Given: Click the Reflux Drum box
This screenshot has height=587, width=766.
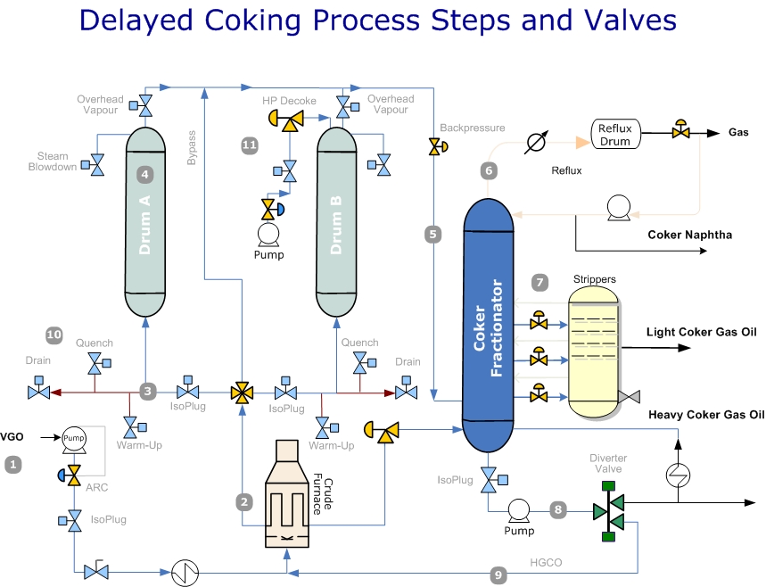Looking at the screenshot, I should (614, 135).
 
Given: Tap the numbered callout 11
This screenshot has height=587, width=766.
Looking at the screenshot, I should (251, 144).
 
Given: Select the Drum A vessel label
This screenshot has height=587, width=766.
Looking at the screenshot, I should (144, 226).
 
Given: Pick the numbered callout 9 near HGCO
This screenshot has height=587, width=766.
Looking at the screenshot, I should (498, 575).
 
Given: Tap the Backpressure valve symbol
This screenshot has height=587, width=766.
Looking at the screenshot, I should (434, 146).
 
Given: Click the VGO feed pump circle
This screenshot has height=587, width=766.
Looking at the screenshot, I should (73, 437).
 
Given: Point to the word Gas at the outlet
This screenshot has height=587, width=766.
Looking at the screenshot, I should (738, 133).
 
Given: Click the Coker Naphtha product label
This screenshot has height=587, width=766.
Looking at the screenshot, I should (689, 235).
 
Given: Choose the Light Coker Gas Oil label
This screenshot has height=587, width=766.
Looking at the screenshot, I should (702, 332).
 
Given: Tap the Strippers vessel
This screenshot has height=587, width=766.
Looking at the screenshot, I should (595, 353).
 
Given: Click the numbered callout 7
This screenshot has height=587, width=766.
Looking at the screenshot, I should (539, 283).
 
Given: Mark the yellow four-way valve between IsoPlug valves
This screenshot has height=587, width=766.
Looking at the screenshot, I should (242, 392).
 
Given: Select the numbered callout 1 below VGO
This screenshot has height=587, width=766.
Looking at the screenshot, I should (12, 464).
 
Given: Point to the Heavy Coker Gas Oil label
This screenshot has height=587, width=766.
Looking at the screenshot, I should (706, 414).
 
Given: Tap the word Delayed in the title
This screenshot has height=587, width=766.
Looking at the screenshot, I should (137, 20).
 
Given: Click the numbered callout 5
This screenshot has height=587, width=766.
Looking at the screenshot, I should (433, 235).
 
